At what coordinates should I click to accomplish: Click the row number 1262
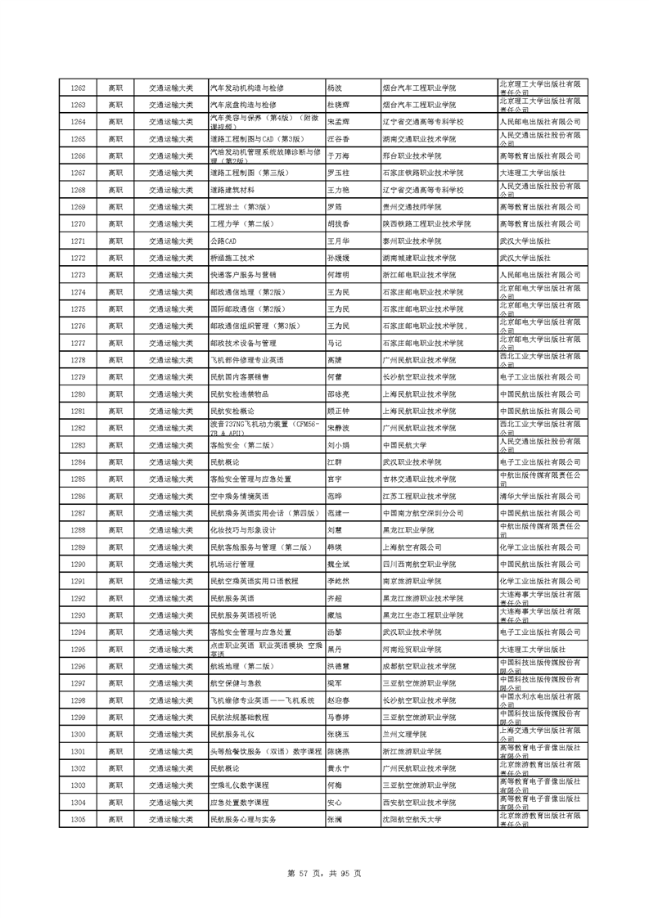click(79, 88)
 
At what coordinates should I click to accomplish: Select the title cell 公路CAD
click(223, 241)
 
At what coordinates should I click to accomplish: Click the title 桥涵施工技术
click(233, 257)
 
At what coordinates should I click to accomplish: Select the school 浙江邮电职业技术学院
click(420, 275)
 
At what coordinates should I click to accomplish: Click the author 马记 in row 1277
click(334, 343)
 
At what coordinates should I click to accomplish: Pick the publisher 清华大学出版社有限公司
click(539, 496)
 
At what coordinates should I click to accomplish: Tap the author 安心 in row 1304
click(334, 803)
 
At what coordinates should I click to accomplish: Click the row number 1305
click(79, 819)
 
